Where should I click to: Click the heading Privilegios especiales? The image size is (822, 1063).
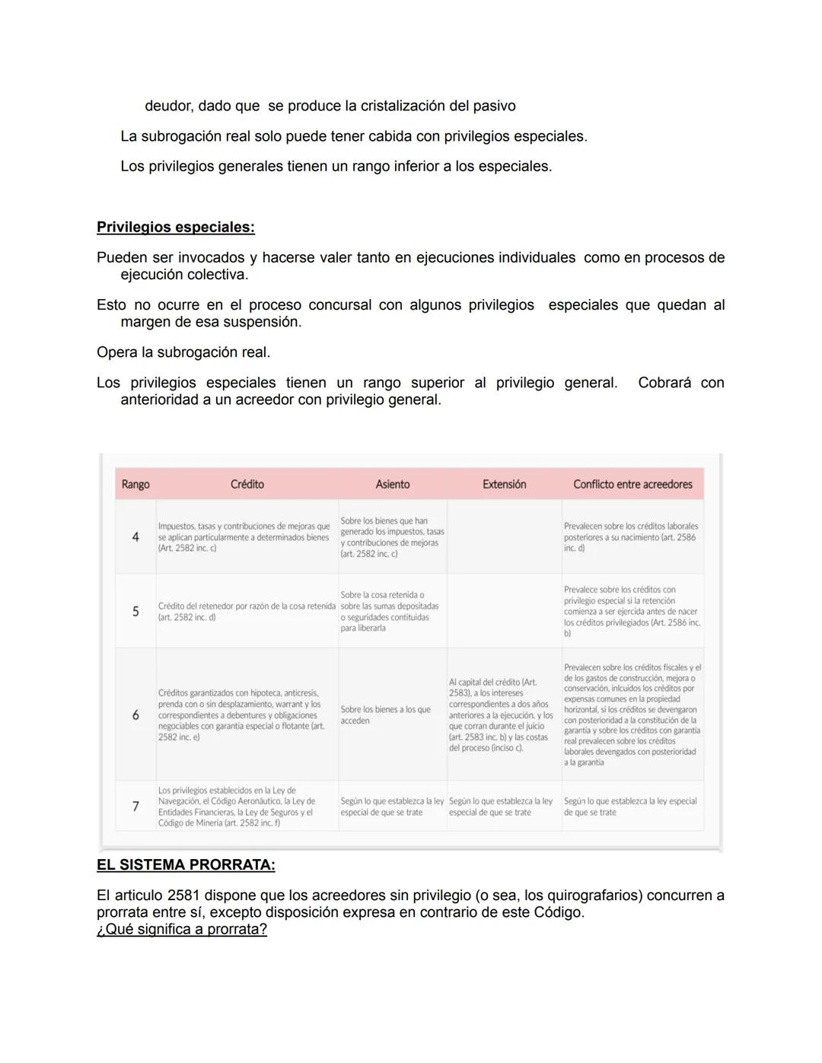tap(175, 228)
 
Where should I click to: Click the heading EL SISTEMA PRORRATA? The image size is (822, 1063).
tap(186, 865)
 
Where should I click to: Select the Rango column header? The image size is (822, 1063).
tap(135, 485)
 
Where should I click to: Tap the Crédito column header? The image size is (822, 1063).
tap(247, 485)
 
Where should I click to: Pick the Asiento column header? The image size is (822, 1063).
tap(393, 485)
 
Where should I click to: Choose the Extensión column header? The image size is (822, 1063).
tap(504, 485)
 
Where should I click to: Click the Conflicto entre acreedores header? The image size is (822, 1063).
tap(632, 485)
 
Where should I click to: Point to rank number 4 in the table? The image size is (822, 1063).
tap(135, 537)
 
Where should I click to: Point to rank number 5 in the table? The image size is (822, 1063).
tap(135, 612)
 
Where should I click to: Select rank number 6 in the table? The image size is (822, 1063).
tap(135, 715)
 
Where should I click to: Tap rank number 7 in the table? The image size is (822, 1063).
tap(135, 807)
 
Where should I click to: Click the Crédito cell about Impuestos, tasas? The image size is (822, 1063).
tap(244, 537)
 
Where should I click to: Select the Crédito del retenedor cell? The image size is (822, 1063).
tap(247, 612)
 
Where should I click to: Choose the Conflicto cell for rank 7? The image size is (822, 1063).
tap(630, 807)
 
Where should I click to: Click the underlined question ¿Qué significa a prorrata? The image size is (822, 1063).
tap(182, 930)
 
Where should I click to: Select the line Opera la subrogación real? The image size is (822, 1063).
tap(183, 353)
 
